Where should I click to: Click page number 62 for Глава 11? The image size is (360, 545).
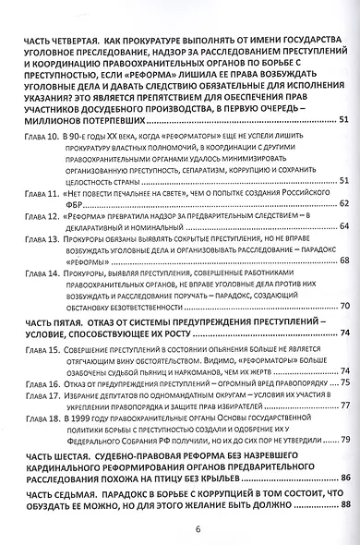tap(343, 202)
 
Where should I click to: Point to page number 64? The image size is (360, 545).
tap(343, 226)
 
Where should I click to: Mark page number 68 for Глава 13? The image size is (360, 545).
tap(343, 261)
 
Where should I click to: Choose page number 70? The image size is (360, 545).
tap(343, 306)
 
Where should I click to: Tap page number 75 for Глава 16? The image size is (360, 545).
tap(343, 381)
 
